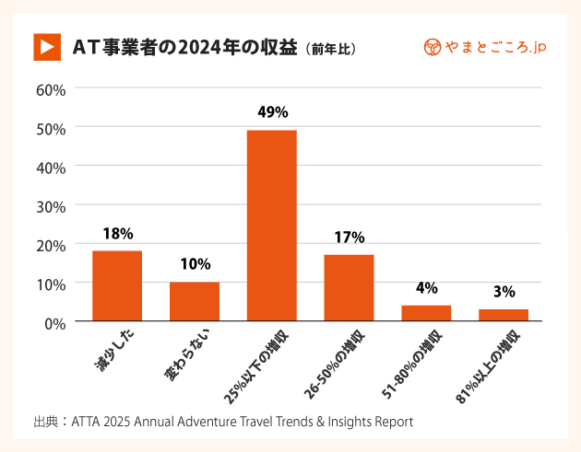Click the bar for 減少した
click(117, 286)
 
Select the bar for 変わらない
click(195, 302)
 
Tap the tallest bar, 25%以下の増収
click(271, 226)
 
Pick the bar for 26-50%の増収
click(349, 288)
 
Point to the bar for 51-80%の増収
click(426, 313)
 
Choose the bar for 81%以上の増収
click(504, 315)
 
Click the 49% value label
click(271, 112)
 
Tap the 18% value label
click(117, 233)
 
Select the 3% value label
click(504, 292)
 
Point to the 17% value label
click(349, 237)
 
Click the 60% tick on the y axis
click(50, 89)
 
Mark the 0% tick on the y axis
click(54, 322)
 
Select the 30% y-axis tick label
click(50, 205)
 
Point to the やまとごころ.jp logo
click(483, 46)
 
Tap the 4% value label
click(426, 288)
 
